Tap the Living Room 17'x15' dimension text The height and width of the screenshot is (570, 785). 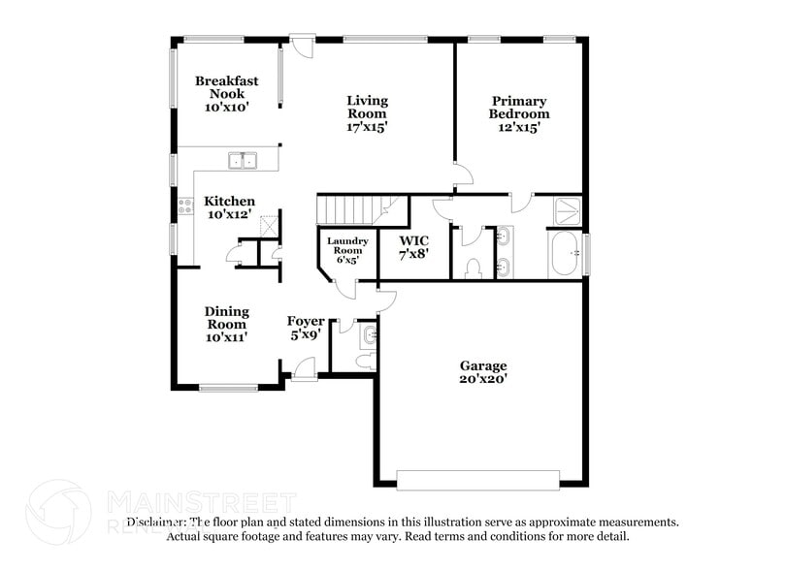(x=367, y=126)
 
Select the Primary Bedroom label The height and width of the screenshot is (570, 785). (x=519, y=113)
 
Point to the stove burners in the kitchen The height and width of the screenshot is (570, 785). (x=184, y=205)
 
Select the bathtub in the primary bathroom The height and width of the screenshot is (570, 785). (x=565, y=255)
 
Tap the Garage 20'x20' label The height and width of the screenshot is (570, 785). (x=482, y=372)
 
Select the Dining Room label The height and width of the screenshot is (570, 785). (x=226, y=324)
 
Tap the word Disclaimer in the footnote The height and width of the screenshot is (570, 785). (x=154, y=522)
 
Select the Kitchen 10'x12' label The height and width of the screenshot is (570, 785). (x=229, y=207)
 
